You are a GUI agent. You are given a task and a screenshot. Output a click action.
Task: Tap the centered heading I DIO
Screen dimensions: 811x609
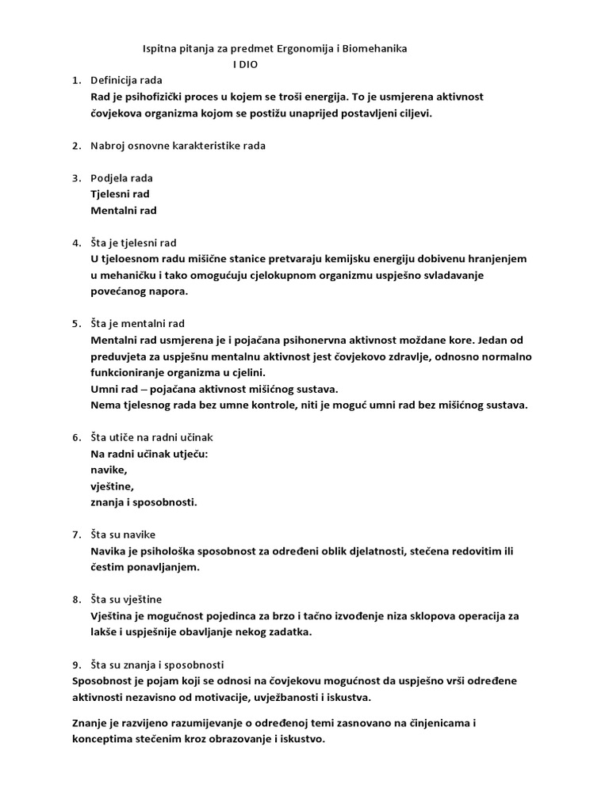click(245, 64)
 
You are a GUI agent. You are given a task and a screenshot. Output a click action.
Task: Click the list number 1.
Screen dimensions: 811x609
click(76, 81)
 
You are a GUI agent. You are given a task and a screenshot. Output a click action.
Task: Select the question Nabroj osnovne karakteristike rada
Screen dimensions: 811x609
click(178, 146)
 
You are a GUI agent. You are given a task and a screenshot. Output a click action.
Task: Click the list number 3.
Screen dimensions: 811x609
click(76, 178)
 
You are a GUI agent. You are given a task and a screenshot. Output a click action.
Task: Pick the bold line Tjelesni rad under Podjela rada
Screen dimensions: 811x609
click(121, 194)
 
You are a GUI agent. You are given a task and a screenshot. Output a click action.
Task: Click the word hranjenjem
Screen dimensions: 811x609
click(496, 259)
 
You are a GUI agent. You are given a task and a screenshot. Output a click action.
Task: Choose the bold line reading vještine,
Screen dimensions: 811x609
click(113, 486)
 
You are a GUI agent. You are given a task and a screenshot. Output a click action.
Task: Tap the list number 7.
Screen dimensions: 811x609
click(76, 535)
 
